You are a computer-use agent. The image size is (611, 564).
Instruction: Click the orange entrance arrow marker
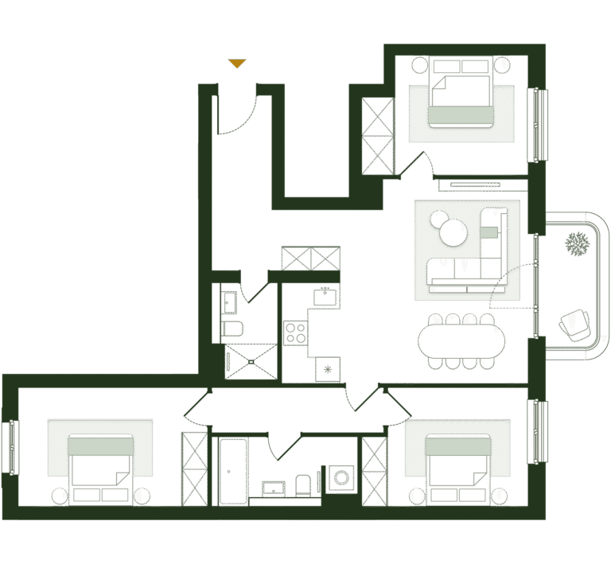236,64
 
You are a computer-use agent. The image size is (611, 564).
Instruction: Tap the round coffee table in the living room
454,233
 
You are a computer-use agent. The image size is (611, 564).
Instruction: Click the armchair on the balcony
574,325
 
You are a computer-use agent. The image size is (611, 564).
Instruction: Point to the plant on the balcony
576,244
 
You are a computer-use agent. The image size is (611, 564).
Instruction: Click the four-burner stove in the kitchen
296,333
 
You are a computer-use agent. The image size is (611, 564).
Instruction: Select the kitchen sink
326,297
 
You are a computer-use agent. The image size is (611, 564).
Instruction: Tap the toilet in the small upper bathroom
232,328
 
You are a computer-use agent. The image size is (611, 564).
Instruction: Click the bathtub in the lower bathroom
233,470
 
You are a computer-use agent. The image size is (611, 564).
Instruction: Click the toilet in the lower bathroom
303,484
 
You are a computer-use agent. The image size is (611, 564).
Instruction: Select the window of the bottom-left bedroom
10,448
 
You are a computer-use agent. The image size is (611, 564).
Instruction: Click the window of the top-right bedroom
539,123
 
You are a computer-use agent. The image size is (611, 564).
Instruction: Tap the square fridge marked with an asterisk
328,368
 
